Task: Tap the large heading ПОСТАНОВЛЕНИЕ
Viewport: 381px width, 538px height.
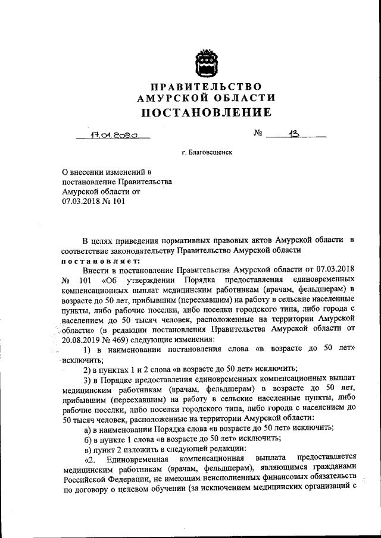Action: [206, 112]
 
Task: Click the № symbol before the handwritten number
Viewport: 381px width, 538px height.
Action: [258, 134]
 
